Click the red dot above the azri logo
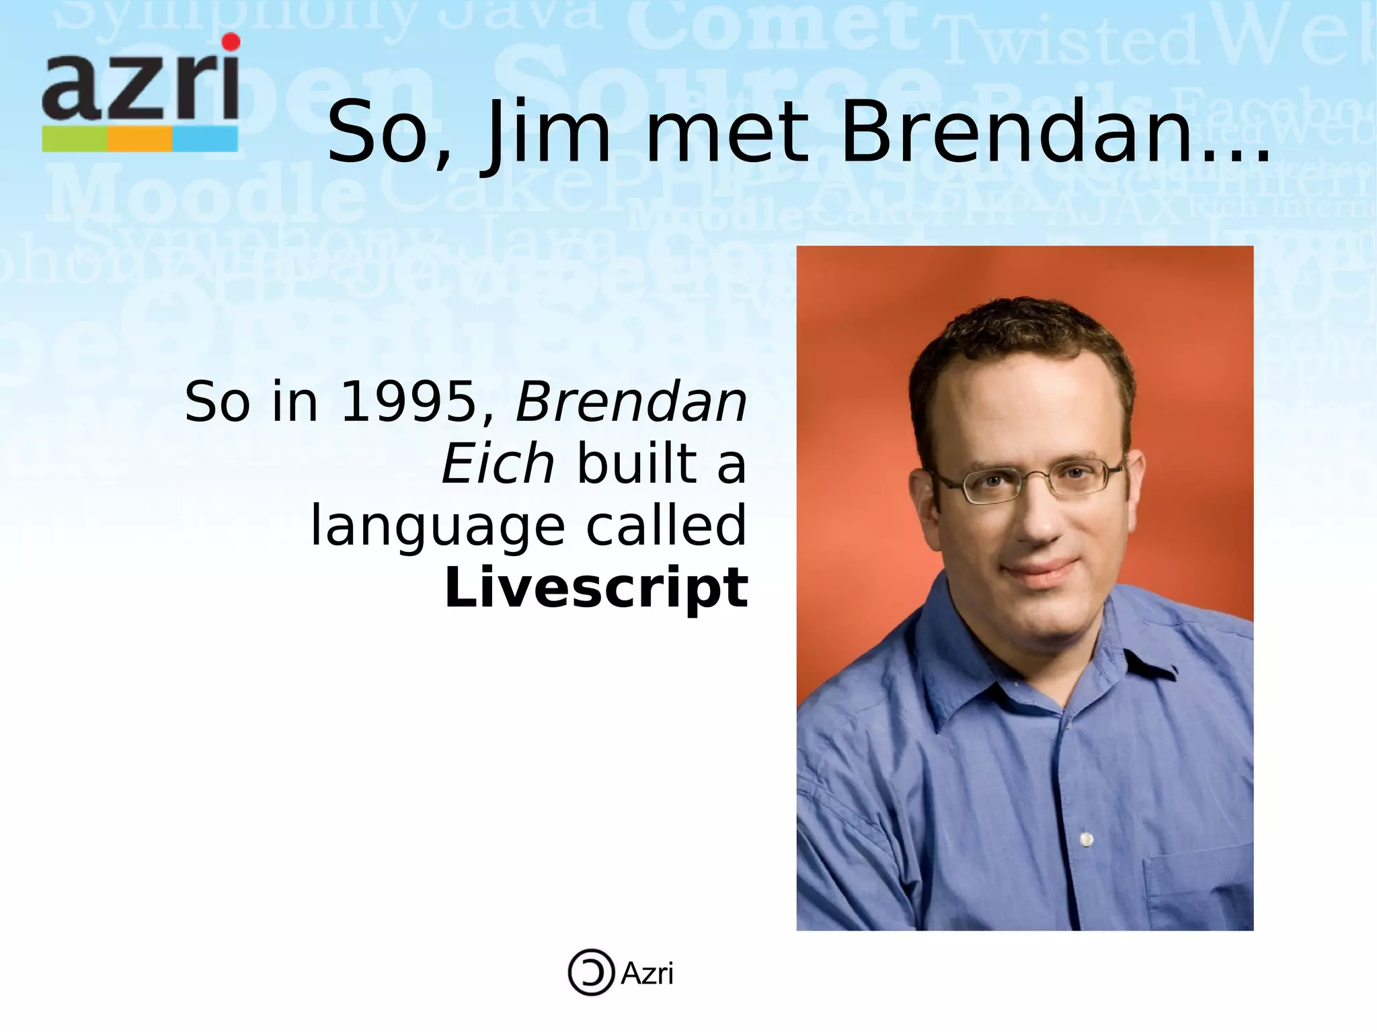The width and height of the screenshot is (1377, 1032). [x=231, y=42]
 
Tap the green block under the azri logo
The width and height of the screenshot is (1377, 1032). [x=75, y=140]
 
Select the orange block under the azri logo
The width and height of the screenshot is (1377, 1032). [x=140, y=140]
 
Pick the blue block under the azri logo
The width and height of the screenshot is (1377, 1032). [x=205, y=140]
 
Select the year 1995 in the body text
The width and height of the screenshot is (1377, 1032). [x=407, y=402]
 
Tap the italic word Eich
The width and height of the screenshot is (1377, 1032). [x=498, y=464]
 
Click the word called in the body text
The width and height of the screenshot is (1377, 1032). [x=666, y=526]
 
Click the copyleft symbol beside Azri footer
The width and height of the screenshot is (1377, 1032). [x=591, y=972]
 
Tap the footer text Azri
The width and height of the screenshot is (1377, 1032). [x=647, y=974]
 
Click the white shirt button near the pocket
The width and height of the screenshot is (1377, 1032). [x=1087, y=839]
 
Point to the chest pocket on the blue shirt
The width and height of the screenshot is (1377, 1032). [x=1197, y=887]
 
